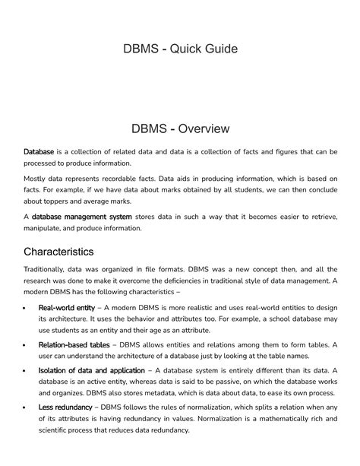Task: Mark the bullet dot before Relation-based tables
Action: click(x=27, y=346)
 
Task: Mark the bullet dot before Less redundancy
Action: click(x=27, y=409)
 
